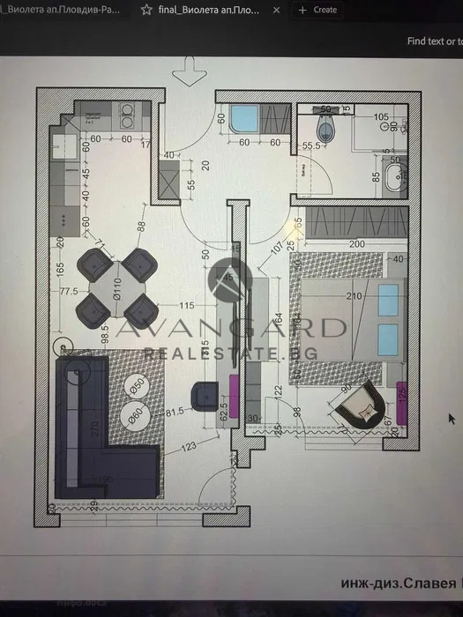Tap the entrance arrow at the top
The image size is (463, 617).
[188, 70]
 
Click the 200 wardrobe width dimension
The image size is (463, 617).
[355, 243]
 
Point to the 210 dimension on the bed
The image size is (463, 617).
[355, 297]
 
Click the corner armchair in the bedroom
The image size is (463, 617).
[360, 406]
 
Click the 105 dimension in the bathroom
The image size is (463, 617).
[381, 116]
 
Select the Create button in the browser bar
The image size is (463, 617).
[318, 10]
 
